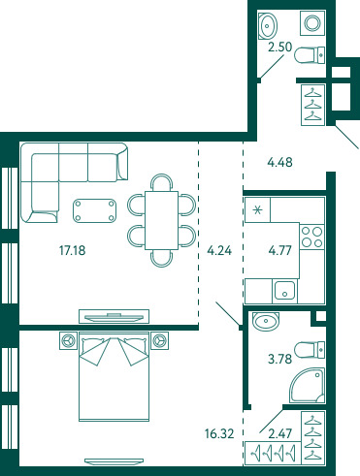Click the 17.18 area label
point(73,250)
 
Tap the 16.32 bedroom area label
point(219,433)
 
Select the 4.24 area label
point(219,250)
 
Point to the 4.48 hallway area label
point(280,162)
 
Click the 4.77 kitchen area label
point(280,250)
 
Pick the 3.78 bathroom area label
point(280,359)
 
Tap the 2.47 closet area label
point(280,433)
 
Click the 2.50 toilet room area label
point(280,47)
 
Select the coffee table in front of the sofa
point(95,210)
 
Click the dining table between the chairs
point(161,220)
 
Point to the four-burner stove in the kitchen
point(311,237)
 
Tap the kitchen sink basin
point(284,291)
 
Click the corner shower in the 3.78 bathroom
point(308,385)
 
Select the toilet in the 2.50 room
point(310,55)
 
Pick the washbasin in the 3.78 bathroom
point(266,321)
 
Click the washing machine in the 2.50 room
point(312,23)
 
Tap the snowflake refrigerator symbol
point(257,210)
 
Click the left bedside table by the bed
point(68,340)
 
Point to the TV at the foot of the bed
point(114,460)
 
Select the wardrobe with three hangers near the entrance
point(313,105)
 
